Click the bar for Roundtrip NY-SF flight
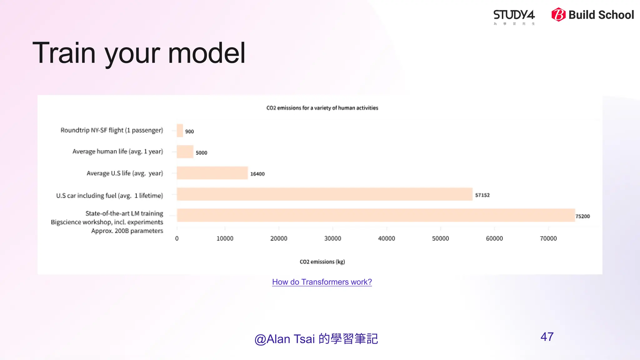click(180, 131)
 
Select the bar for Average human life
click(185, 152)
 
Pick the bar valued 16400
click(212, 173)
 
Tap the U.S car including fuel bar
click(324, 194)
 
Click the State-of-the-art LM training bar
click(376, 215)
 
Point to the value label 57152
click(482, 195)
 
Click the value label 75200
click(582, 216)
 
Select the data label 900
click(189, 132)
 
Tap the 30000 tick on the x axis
click(332, 238)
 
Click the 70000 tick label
click(548, 238)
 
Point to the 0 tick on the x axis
click(177, 238)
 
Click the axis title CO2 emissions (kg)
click(322, 262)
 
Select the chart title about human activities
click(322, 108)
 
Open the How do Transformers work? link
click(322, 282)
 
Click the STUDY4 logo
click(514, 16)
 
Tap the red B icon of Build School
click(558, 15)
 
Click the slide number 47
click(547, 337)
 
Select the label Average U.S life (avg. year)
click(125, 173)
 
